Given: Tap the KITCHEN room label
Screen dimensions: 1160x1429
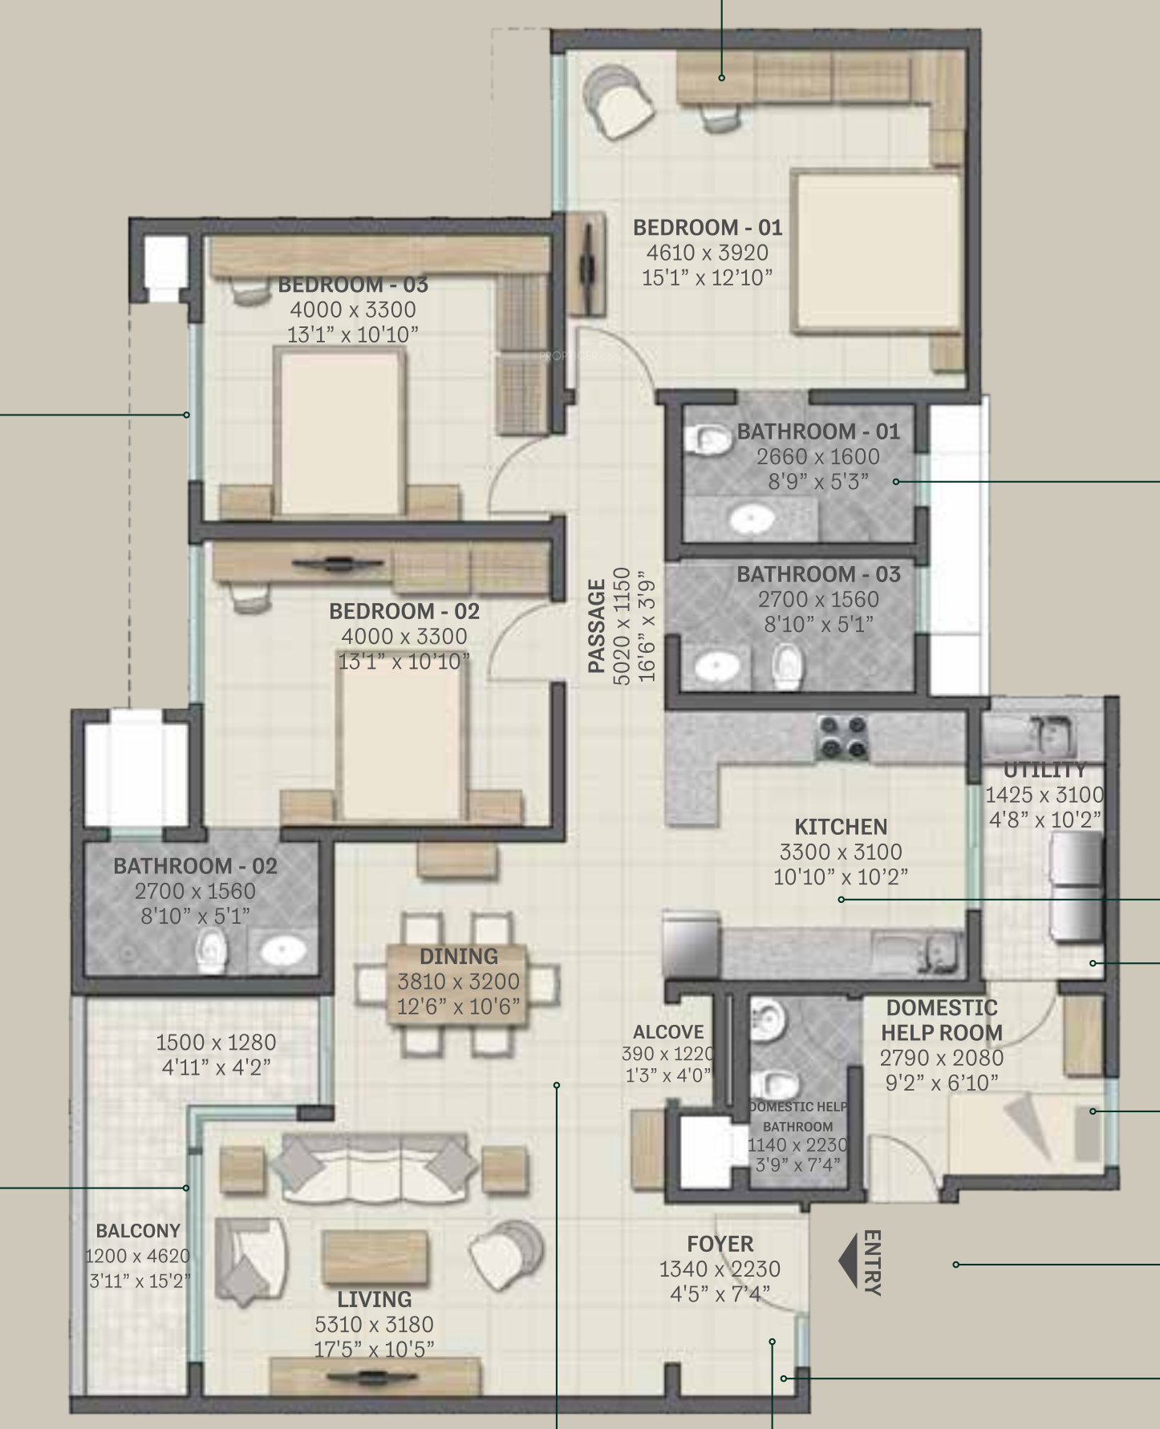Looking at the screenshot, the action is [841, 827].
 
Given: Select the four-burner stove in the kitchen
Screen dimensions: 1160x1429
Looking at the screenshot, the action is [842, 738].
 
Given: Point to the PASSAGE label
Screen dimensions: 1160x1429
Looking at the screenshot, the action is [597, 625].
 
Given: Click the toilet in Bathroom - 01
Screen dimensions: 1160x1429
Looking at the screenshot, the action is [708, 439].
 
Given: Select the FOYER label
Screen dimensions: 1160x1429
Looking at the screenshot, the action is [720, 1245].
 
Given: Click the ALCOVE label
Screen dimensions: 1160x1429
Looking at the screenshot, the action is [668, 1032].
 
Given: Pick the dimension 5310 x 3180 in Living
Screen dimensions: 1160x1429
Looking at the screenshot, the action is [375, 1324].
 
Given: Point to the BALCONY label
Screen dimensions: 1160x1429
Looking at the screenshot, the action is [138, 1231].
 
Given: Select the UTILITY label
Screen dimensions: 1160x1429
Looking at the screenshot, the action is [1044, 771].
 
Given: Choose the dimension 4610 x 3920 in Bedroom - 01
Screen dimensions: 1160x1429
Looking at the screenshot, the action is [707, 253].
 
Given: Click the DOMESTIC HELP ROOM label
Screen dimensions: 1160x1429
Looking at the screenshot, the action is [942, 1020].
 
